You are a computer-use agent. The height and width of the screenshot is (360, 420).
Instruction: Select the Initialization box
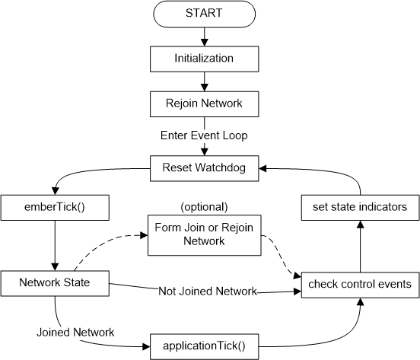pos(203,57)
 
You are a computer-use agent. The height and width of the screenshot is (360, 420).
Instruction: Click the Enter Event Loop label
pos(203,134)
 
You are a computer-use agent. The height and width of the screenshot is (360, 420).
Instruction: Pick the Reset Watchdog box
pos(203,165)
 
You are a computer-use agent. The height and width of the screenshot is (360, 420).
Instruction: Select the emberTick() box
pos(55,206)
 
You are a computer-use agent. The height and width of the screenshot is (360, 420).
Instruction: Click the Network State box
pos(55,283)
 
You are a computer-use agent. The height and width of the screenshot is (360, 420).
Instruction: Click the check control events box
pos(361,284)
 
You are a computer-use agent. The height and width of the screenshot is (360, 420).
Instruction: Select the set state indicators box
pos(361,206)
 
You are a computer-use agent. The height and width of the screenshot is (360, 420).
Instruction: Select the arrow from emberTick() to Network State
pos(55,244)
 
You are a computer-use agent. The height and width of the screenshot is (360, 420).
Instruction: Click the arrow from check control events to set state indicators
pos(361,245)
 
